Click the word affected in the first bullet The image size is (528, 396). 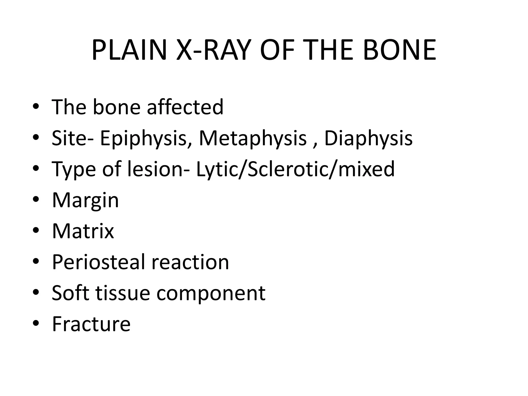click(x=185, y=107)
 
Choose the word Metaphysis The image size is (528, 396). click(x=253, y=138)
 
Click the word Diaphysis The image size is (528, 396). click(x=368, y=138)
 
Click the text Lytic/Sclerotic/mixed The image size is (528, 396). click(x=295, y=169)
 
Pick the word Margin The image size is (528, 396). click(x=85, y=200)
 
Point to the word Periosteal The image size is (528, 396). click(x=99, y=262)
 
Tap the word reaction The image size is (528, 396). click(x=190, y=262)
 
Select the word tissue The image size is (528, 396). click(x=123, y=293)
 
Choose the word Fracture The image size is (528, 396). click(x=91, y=324)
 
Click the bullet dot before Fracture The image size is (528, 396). click(x=36, y=323)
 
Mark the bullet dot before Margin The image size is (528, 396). click(x=36, y=199)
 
